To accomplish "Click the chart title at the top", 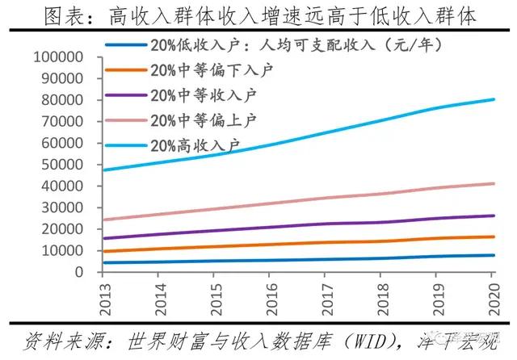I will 258,15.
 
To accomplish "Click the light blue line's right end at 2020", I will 494,100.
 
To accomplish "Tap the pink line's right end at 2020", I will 494,184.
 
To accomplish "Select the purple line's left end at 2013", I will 104,238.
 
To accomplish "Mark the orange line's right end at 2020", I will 494,237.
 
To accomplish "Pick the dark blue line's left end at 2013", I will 104,262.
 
